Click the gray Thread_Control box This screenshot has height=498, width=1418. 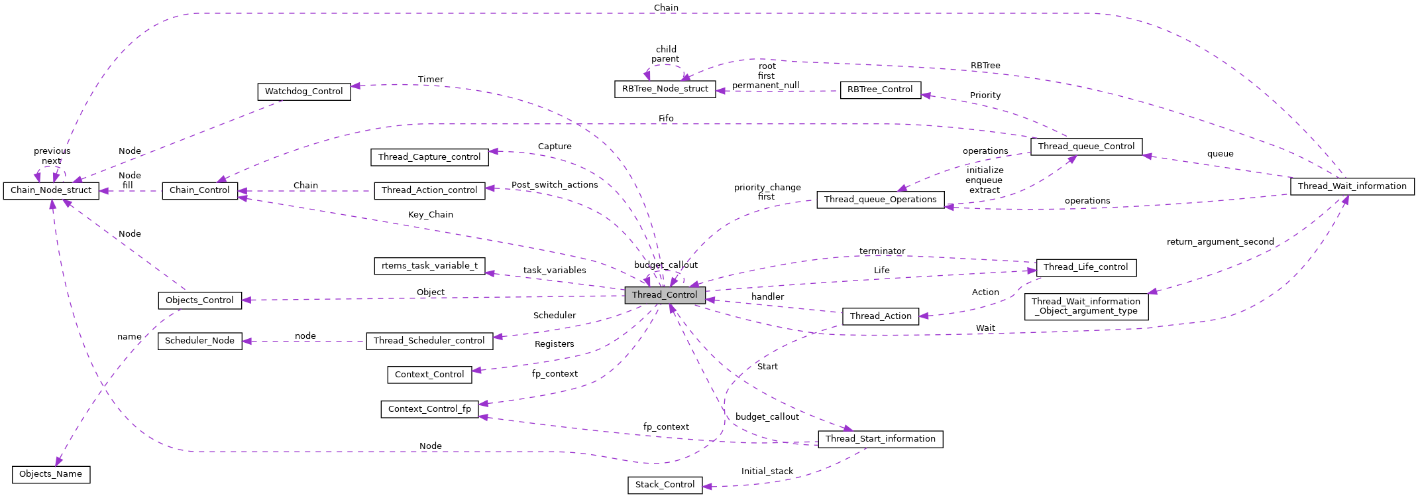[665, 295]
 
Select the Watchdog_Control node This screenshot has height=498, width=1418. [303, 92]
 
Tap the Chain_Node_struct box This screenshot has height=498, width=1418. [51, 190]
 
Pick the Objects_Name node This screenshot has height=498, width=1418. [50, 474]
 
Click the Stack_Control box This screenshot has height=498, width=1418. [665, 485]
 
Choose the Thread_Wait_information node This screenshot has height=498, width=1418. [1352, 186]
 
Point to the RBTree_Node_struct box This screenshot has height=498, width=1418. [665, 89]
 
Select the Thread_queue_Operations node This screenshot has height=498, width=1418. [880, 200]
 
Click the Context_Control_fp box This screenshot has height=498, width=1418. [429, 409]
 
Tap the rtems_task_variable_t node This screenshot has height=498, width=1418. [429, 266]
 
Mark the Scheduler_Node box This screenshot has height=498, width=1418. [199, 341]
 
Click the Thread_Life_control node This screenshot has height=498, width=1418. [1085, 267]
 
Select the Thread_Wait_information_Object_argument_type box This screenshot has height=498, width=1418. [1085, 306]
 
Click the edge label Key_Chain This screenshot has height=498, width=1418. [431, 215]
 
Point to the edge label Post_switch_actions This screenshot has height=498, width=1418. [555, 185]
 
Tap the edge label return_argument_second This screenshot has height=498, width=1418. [1220, 242]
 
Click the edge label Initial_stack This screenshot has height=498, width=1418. [767, 471]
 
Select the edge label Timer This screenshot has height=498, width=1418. [431, 80]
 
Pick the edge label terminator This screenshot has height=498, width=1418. [882, 251]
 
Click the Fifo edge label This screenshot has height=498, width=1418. [666, 119]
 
